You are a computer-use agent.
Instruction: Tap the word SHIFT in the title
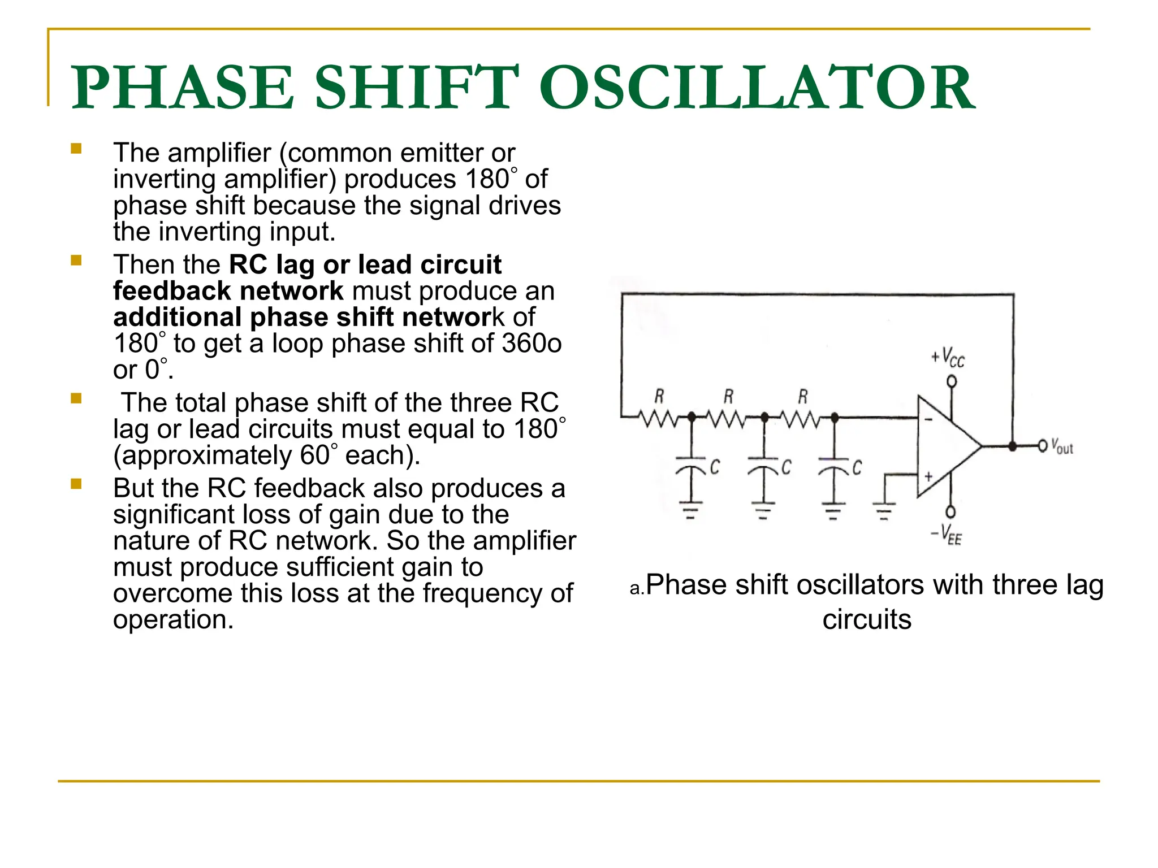pyautogui.click(x=416, y=88)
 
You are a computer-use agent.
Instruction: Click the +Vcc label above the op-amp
pyautogui.click(x=948, y=358)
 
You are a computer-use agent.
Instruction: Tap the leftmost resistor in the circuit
pyautogui.click(x=658, y=418)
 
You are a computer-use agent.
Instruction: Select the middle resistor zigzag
pyautogui.click(x=728, y=418)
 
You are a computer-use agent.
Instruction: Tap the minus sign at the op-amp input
pyautogui.click(x=928, y=419)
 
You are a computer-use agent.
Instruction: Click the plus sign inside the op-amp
pyautogui.click(x=928, y=476)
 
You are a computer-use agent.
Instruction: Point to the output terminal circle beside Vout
pyautogui.click(x=1043, y=446)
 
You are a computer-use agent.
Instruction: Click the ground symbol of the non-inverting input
pyautogui.click(x=884, y=510)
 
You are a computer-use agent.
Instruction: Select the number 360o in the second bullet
pyautogui.click(x=529, y=344)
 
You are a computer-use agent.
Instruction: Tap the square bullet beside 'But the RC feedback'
pyautogui.click(x=76, y=484)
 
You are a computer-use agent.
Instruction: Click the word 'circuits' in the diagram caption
pyautogui.click(x=867, y=619)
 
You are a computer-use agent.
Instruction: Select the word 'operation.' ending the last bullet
pyautogui.click(x=174, y=619)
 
